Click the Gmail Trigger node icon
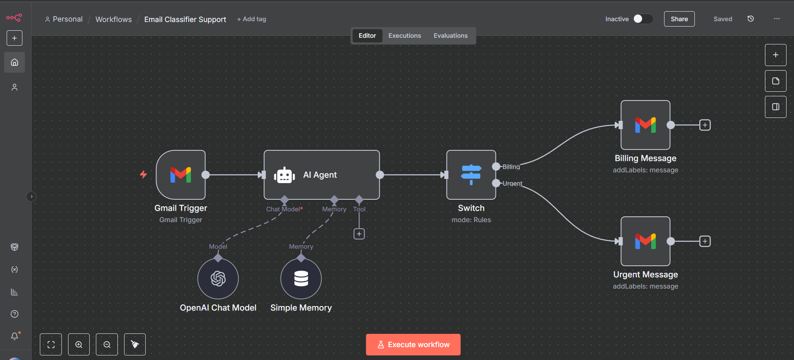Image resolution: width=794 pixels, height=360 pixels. click(181, 175)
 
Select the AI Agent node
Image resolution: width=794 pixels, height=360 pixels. click(321, 175)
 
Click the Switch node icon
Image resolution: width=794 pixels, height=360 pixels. click(471, 175)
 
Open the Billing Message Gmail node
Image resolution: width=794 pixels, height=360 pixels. click(645, 125)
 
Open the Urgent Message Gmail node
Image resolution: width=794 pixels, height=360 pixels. click(645, 241)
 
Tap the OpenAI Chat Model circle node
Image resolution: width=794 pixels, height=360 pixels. click(218, 279)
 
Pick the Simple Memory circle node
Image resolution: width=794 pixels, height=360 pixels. click(301, 279)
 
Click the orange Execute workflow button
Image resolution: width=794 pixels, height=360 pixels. click(413, 345)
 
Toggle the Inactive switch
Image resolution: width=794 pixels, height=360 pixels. click(643, 19)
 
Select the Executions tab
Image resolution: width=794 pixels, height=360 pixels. click(404, 36)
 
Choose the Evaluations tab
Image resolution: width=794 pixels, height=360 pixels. click(450, 36)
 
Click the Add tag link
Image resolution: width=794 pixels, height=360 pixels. click(252, 19)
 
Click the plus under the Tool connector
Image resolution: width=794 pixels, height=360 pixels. click(359, 234)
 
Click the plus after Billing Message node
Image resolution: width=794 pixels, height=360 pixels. click(705, 125)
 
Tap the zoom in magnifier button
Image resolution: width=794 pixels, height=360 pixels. click(79, 345)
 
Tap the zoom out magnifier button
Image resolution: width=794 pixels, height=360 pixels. click(107, 345)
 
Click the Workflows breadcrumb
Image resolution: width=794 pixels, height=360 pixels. click(113, 20)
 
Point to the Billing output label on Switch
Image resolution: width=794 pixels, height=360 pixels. click(511, 167)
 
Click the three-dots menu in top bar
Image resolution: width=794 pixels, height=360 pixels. click(777, 19)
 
